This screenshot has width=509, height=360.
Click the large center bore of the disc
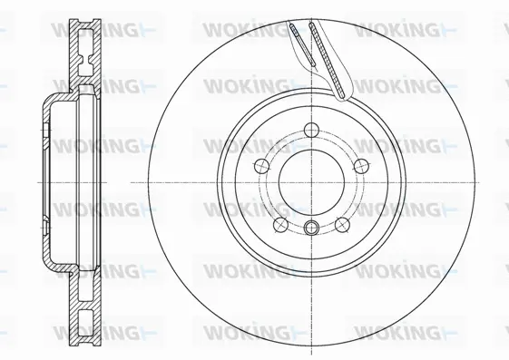point(311,179)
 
